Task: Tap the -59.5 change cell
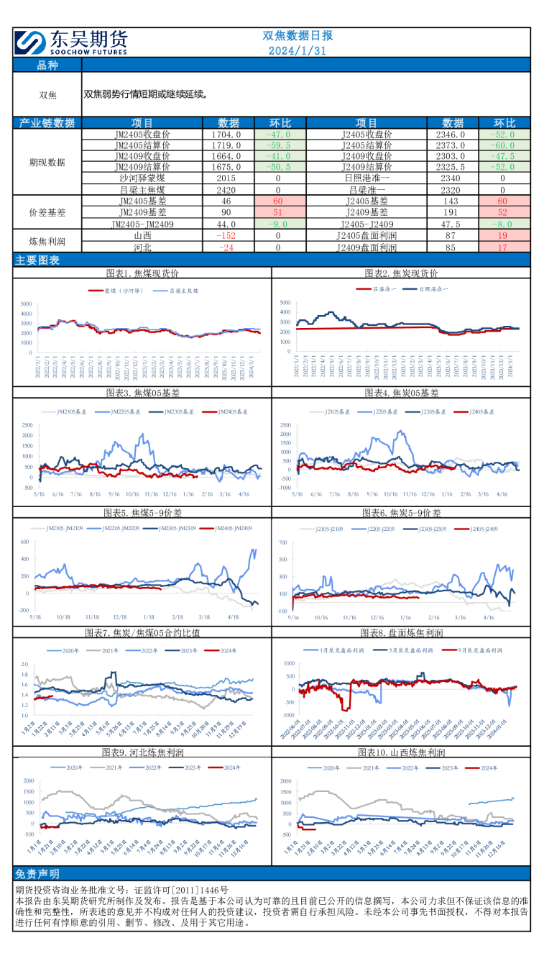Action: coord(278,145)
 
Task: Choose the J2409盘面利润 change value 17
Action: coord(503,247)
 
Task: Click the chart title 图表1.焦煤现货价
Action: coord(142,273)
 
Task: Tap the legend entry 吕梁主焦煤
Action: coord(184,291)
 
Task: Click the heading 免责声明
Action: coord(37,874)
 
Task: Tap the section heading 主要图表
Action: coord(37,260)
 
